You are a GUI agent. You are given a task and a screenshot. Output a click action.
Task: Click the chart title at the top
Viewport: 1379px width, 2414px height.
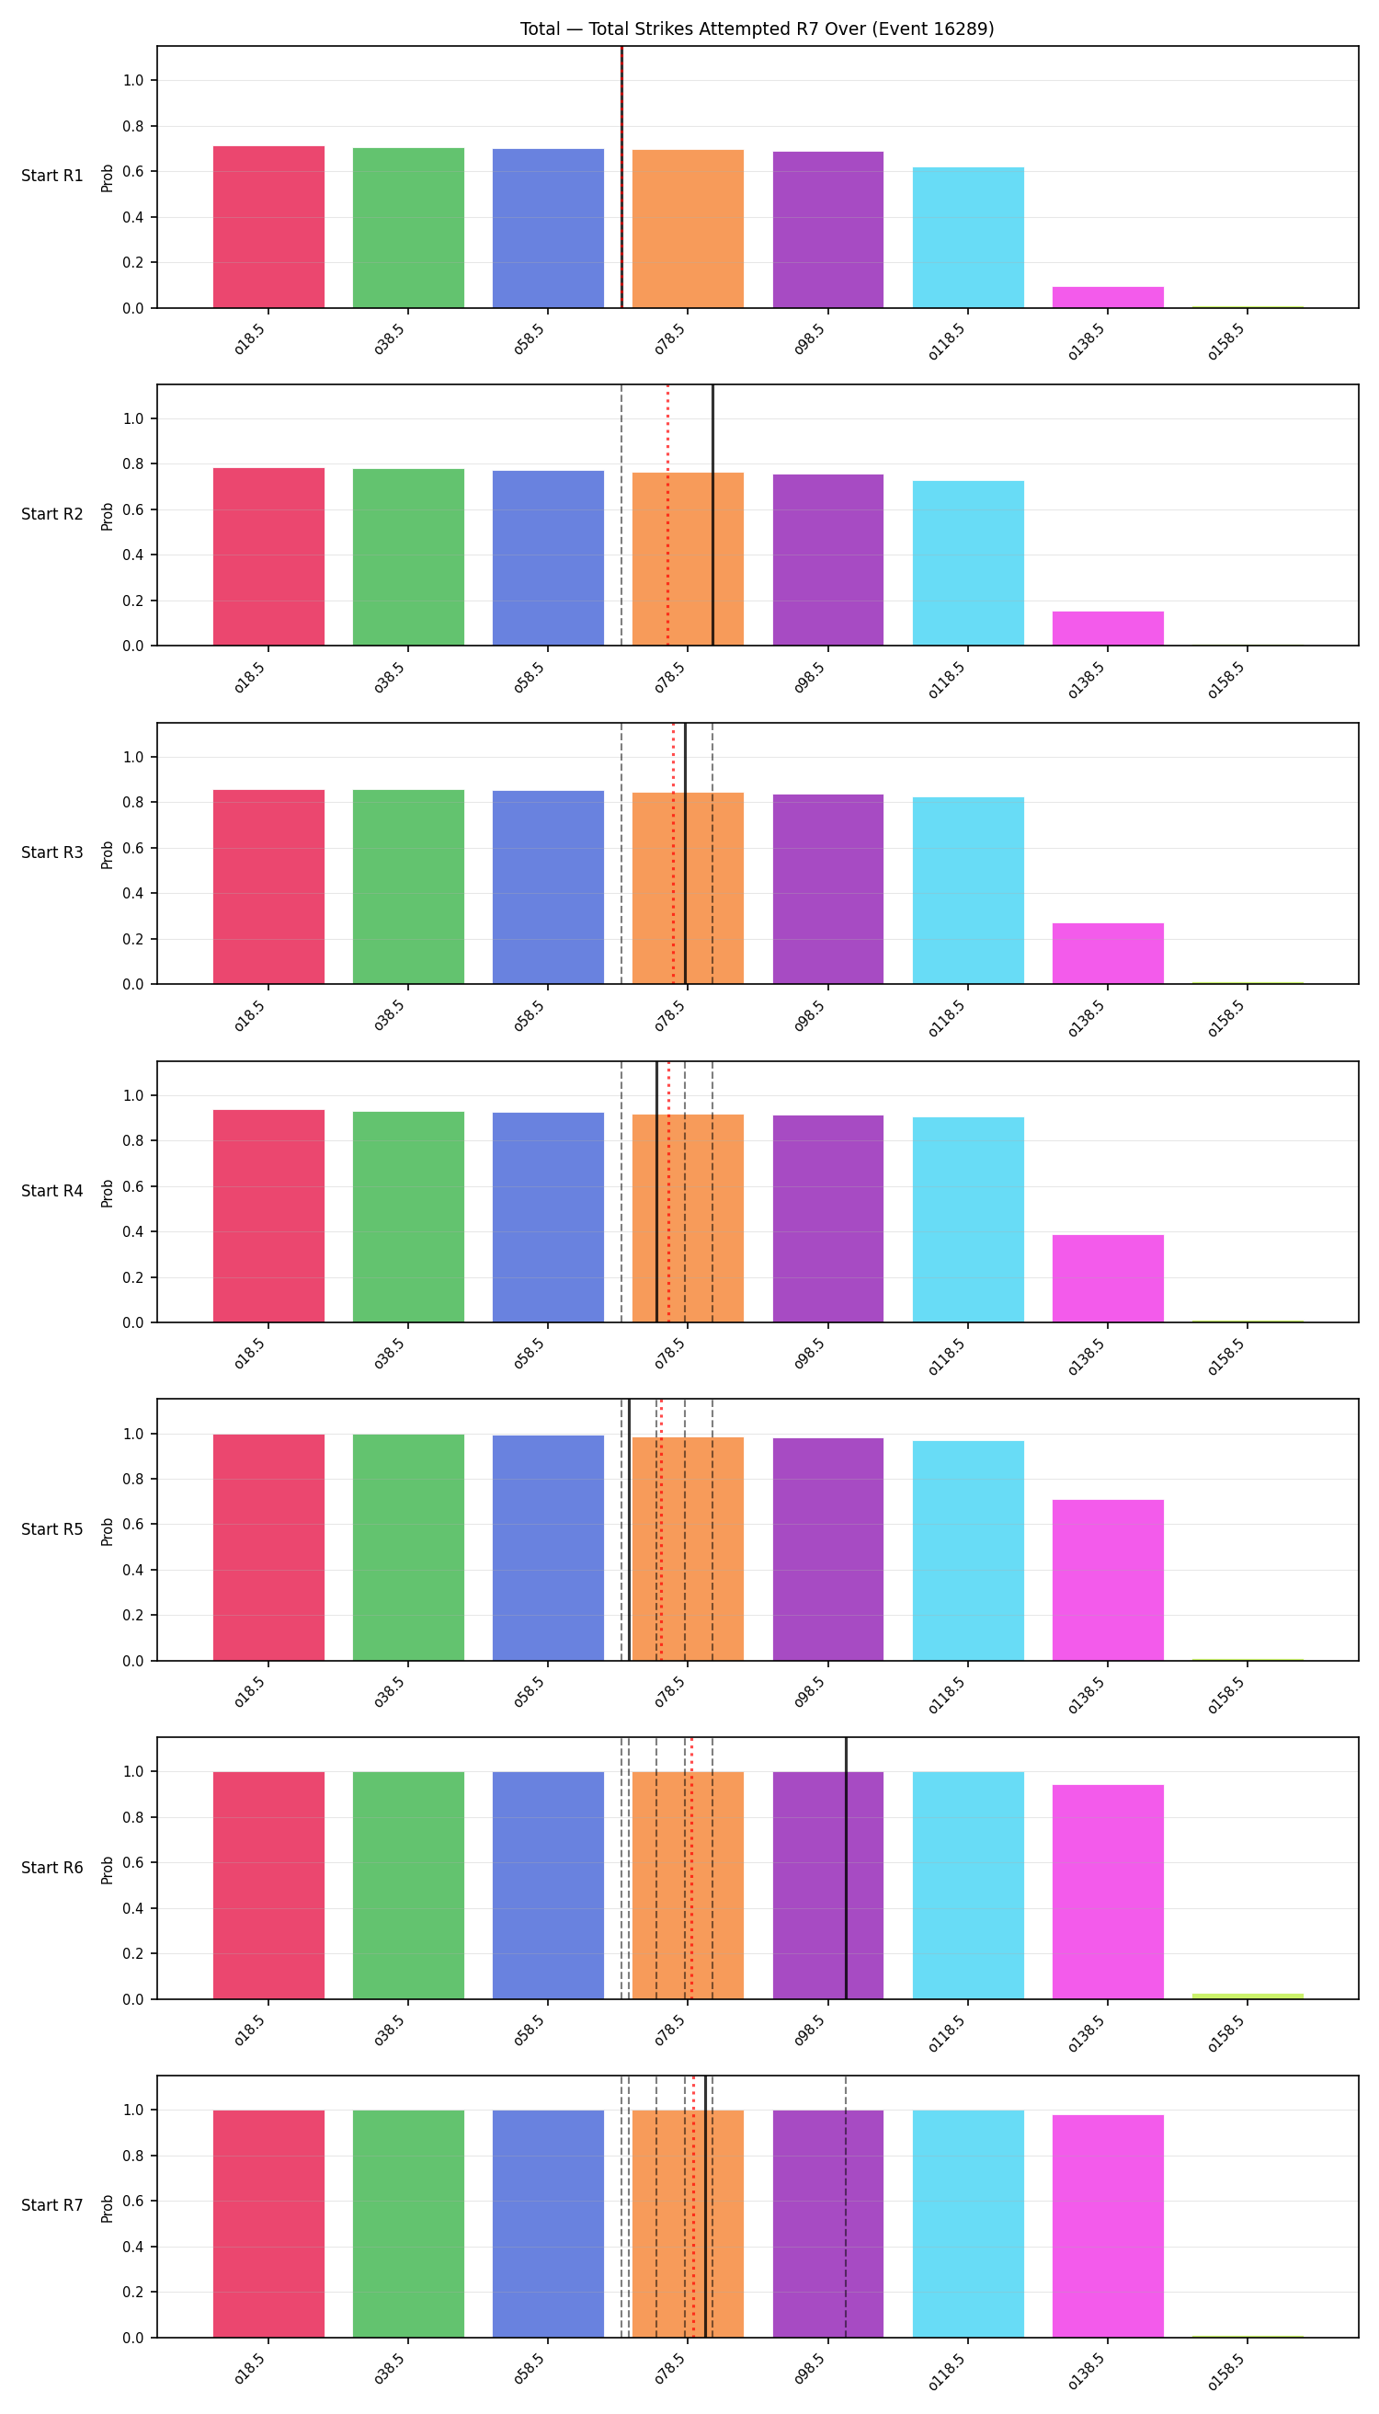757,29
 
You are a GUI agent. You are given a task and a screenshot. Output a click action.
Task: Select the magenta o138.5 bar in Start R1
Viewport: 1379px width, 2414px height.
1107,297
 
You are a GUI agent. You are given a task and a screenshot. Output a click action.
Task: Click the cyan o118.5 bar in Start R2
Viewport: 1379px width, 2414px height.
968,563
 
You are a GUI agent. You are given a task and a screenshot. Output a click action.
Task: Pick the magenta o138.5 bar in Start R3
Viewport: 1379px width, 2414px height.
1107,953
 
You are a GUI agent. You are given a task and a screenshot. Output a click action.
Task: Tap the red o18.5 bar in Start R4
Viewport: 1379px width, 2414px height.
269,1216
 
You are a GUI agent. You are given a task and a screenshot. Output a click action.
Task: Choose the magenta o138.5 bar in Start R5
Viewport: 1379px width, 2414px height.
1107,1579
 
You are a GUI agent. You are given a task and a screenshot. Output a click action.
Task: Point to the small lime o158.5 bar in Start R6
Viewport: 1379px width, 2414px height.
1248,1996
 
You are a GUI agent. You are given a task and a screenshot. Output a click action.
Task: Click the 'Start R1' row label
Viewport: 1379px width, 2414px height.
52,177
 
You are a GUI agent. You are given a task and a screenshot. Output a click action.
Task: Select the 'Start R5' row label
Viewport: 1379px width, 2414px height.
52,1529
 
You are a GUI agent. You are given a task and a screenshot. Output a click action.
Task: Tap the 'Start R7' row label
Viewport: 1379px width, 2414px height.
52,2205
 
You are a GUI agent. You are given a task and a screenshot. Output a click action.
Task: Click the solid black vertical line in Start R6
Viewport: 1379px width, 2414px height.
846,1869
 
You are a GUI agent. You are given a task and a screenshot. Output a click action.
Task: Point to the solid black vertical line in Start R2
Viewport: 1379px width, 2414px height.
712,515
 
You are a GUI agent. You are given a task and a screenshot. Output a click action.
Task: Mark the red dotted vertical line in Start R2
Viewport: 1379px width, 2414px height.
667,515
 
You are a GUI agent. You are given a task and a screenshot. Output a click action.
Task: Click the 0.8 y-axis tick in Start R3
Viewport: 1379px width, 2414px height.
132,803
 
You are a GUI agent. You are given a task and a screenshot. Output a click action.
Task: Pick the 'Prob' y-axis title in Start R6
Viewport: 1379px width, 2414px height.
107,1870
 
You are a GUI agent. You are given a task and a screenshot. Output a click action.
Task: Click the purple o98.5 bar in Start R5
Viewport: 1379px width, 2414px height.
827,1549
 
